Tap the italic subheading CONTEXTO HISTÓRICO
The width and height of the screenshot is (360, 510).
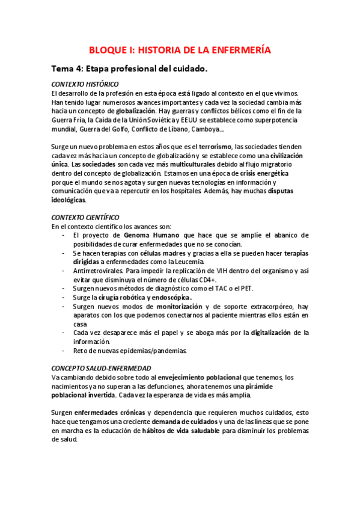(x=85, y=84)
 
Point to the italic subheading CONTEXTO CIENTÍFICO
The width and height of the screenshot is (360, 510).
(x=85, y=217)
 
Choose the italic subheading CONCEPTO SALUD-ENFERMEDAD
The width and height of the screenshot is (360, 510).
(x=101, y=368)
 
